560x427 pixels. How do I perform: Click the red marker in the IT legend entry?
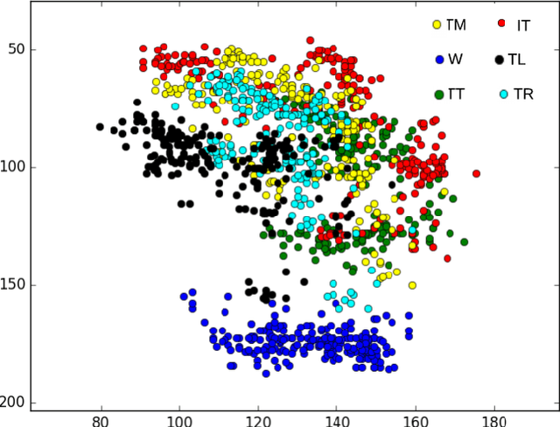point(502,24)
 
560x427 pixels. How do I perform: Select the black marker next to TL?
point(500,59)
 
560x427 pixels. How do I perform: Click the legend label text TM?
point(456,25)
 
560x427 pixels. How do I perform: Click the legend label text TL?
point(517,60)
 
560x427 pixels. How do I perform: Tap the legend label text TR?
point(523,94)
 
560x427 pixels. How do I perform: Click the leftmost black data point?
point(100,128)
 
